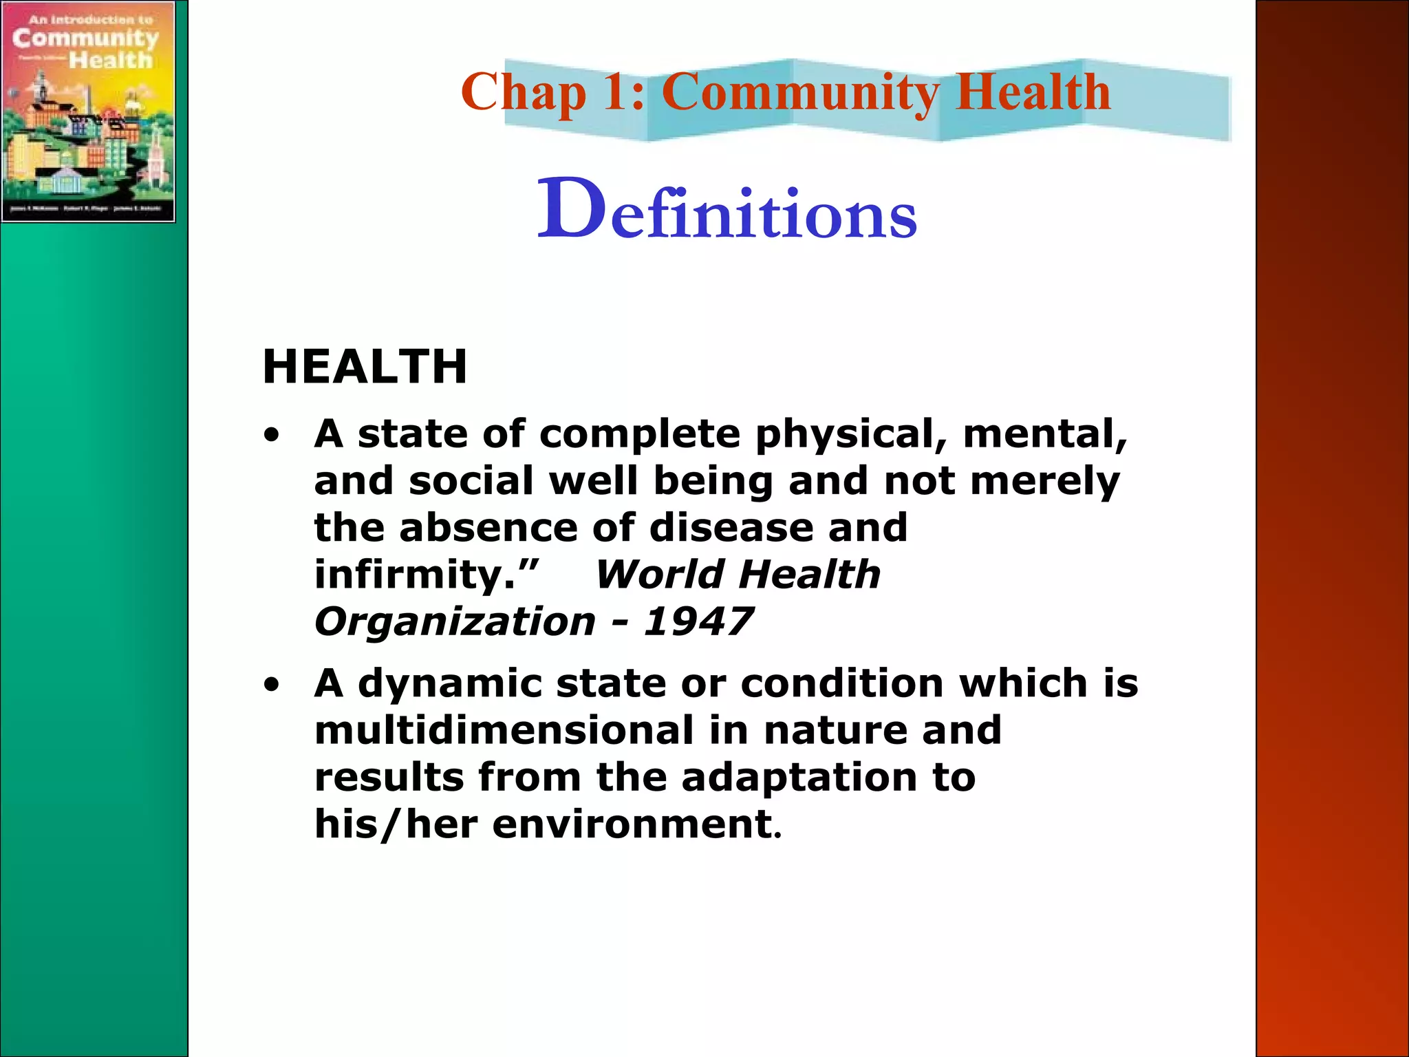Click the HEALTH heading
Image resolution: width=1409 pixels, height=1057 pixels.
(x=365, y=366)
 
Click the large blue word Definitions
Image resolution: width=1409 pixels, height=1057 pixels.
(x=727, y=211)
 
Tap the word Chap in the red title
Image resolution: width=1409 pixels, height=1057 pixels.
(x=523, y=92)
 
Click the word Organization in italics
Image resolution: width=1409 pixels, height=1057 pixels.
(x=455, y=621)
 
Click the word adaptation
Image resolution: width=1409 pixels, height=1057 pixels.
(x=799, y=777)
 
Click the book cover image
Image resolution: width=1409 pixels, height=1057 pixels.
(x=88, y=111)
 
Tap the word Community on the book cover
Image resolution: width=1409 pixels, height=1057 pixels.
(x=85, y=39)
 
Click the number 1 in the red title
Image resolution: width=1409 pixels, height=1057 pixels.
(x=616, y=92)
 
